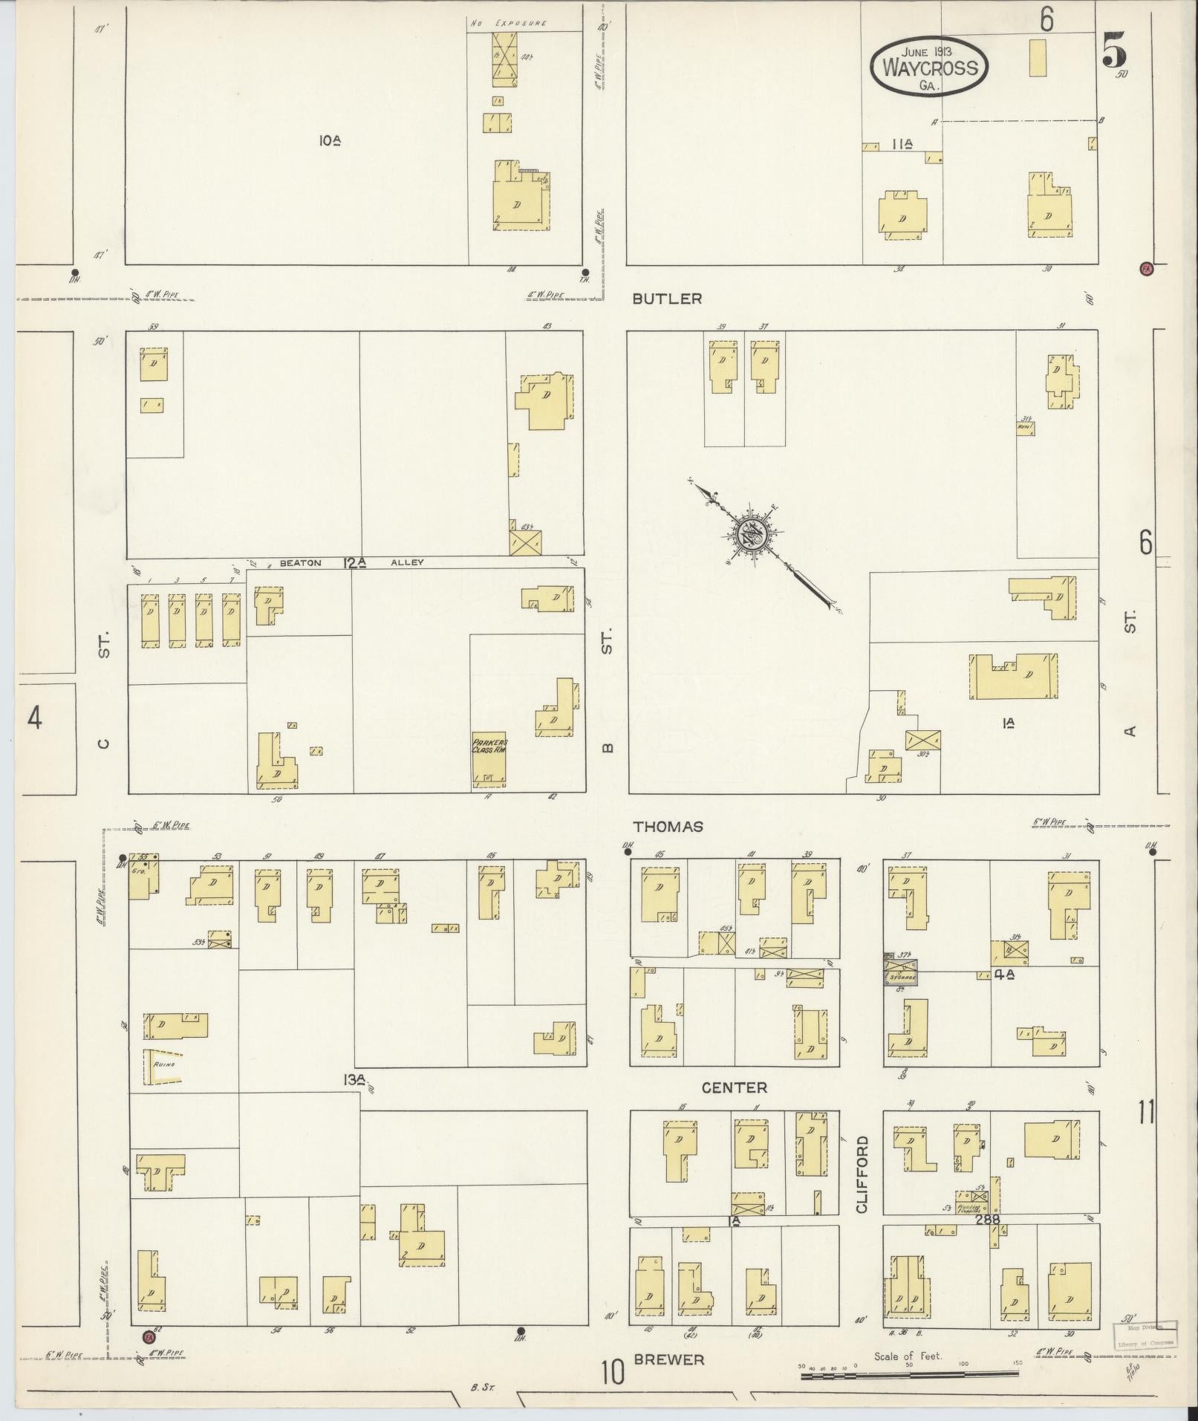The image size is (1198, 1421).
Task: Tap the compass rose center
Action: [750, 533]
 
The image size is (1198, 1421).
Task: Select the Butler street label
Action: [667, 299]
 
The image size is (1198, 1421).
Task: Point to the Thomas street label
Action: [668, 826]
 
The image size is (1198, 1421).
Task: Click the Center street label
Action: [734, 1087]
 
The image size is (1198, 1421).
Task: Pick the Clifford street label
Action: [862, 1174]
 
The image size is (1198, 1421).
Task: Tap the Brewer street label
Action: [668, 1359]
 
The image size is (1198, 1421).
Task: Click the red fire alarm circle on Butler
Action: [1146, 268]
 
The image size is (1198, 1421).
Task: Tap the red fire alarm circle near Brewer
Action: [147, 1337]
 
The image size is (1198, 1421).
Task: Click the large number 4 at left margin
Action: [34, 718]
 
